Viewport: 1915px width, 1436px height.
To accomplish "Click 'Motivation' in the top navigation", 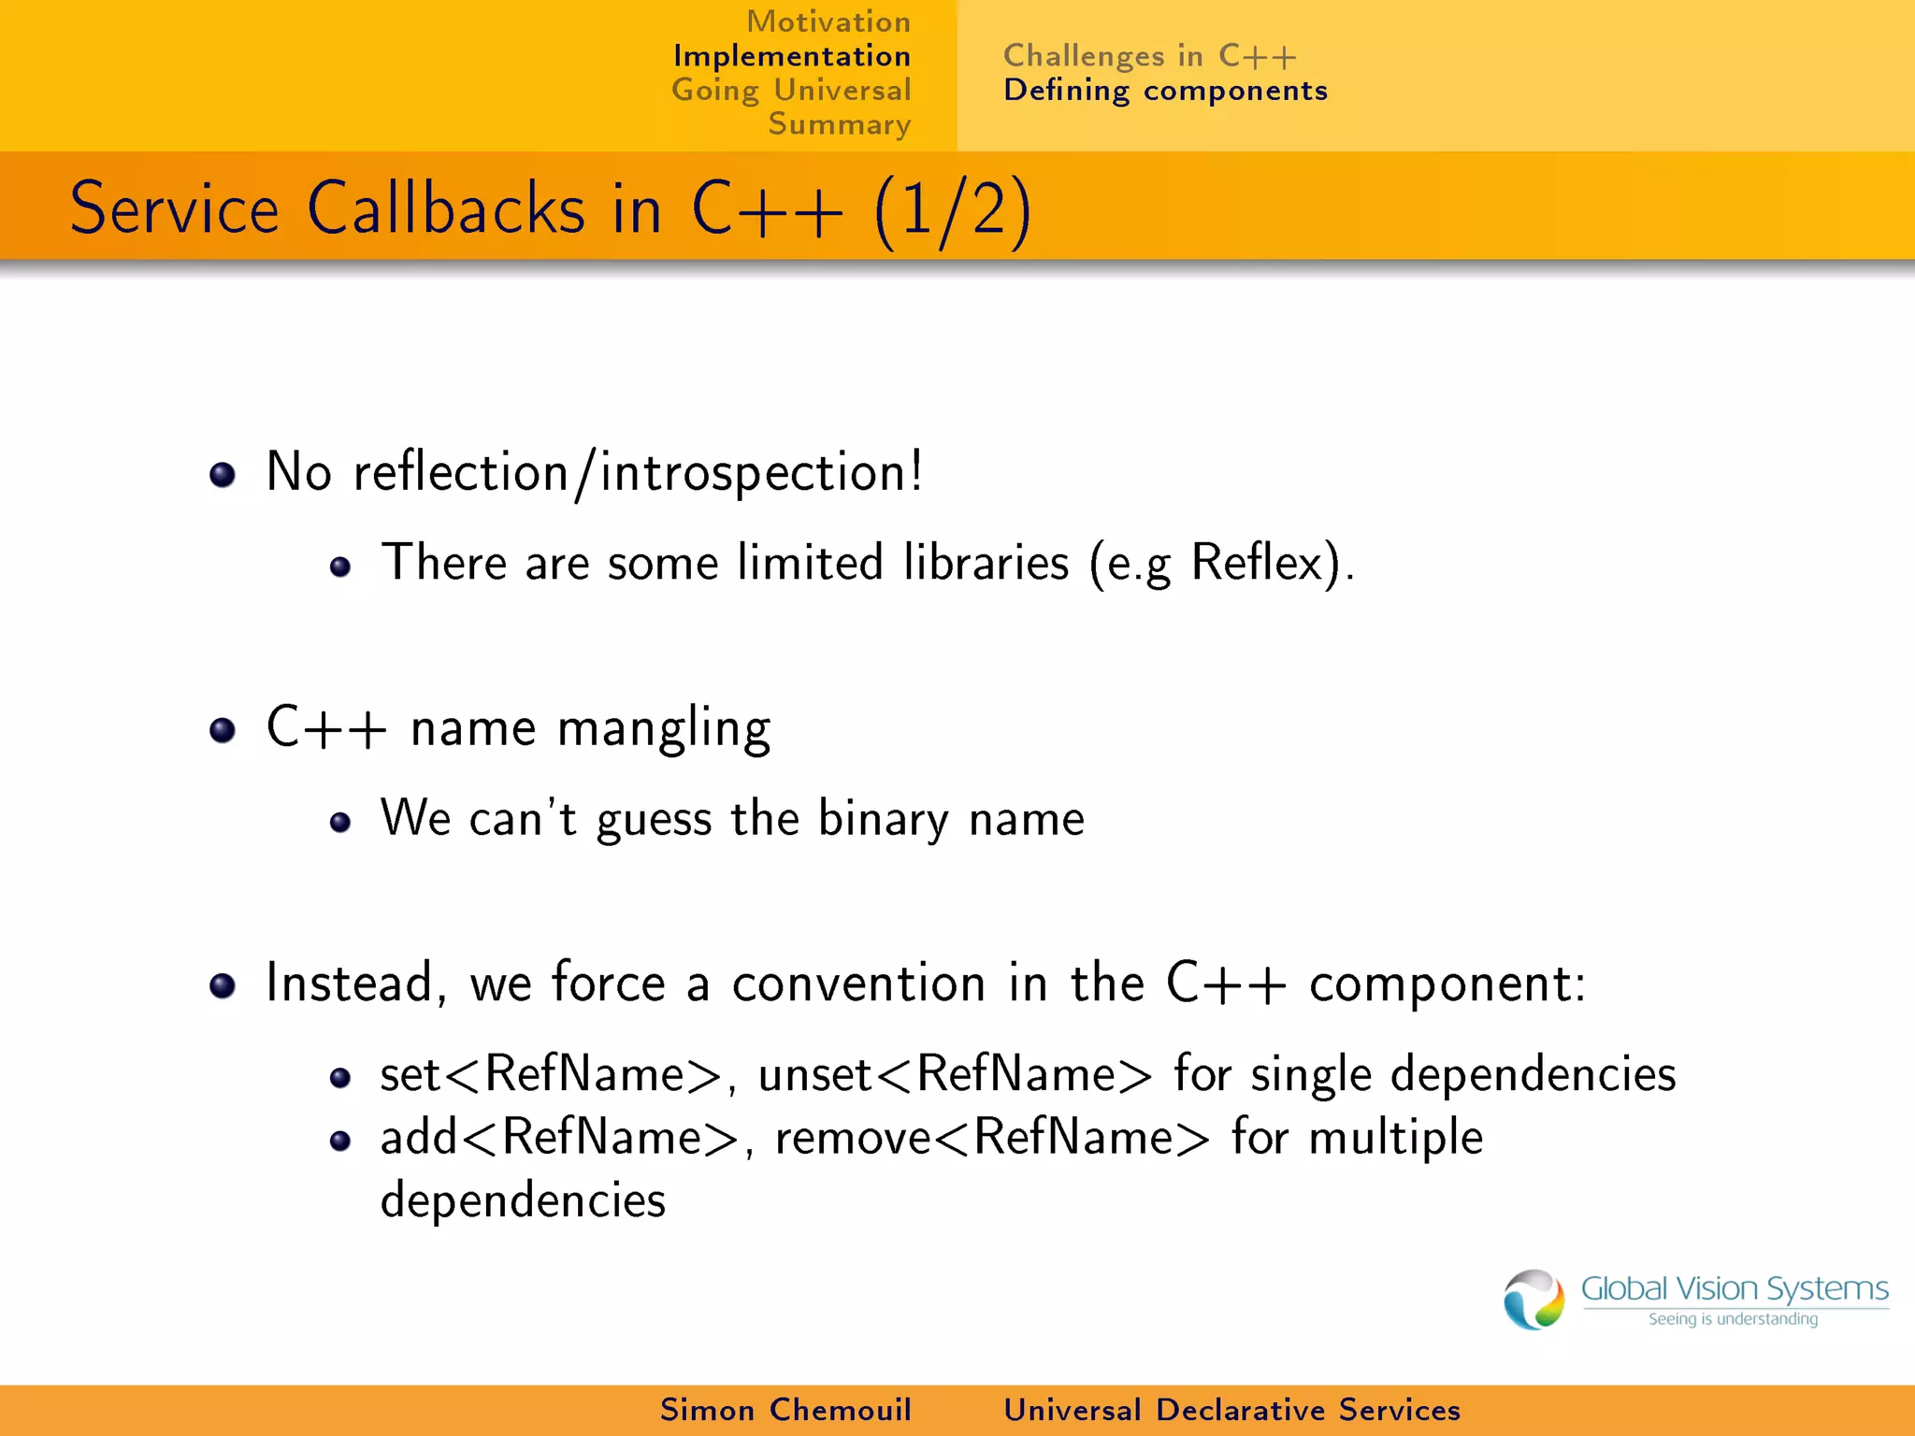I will point(828,22).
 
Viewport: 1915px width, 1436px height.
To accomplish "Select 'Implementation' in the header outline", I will point(791,56).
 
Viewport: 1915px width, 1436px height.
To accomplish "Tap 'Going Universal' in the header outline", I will point(791,91).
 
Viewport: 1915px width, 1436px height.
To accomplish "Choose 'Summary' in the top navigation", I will point(839,124).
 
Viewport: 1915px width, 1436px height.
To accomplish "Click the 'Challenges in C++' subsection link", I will point(1149,56).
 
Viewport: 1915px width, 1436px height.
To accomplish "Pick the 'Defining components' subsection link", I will point(1165,91).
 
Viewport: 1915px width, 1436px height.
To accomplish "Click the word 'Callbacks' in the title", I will point(446,208).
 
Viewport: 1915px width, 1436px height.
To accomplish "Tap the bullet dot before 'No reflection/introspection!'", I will point(223,474).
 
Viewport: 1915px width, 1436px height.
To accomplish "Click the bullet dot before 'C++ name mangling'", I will point(223,729).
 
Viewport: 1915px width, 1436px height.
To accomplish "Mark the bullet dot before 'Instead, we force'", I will point(223,984).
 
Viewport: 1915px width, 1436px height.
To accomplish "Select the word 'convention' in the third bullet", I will point(858,984).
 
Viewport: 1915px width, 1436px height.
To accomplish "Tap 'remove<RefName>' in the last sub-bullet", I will point(992,1138).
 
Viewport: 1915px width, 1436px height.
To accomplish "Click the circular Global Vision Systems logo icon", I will point(1533,1299).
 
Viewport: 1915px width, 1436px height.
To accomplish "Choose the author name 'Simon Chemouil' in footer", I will point(785,1410).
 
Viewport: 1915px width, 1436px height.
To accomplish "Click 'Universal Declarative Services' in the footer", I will point(1231,1410).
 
